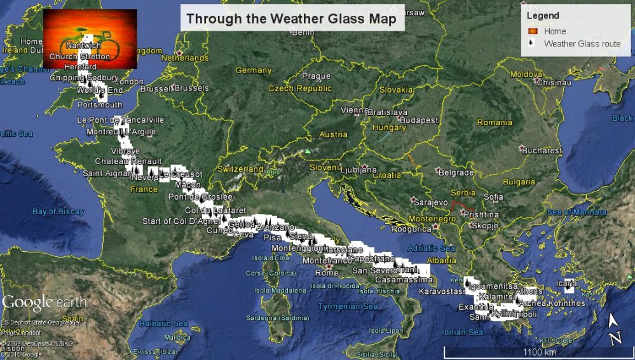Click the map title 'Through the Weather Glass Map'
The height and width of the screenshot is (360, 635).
tap(291, 18)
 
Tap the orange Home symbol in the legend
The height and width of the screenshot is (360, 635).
tap(533, 31)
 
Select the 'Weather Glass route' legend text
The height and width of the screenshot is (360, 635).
tap(582, 44)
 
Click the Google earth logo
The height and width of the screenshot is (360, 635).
tap(44, 303)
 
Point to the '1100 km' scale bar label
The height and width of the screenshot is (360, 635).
tap(539, 352)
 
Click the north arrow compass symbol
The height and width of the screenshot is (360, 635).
tap(614, 331)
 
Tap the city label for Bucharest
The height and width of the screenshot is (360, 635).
tap(542, 151)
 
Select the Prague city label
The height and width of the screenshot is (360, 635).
tap(317, 76)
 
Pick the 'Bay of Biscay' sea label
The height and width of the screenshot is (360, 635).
tap(58, 212)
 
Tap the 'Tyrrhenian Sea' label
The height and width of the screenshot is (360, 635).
tap(330, 307)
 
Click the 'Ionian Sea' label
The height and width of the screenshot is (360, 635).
tap(462, 332)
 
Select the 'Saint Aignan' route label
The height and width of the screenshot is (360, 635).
tap(106, 173)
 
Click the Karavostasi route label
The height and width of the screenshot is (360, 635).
tap(442, 291)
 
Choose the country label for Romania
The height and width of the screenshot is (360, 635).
tap(495, 122)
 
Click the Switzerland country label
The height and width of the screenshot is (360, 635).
tap(240, 169)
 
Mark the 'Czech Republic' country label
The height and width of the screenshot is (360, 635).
tap(300, 88)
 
